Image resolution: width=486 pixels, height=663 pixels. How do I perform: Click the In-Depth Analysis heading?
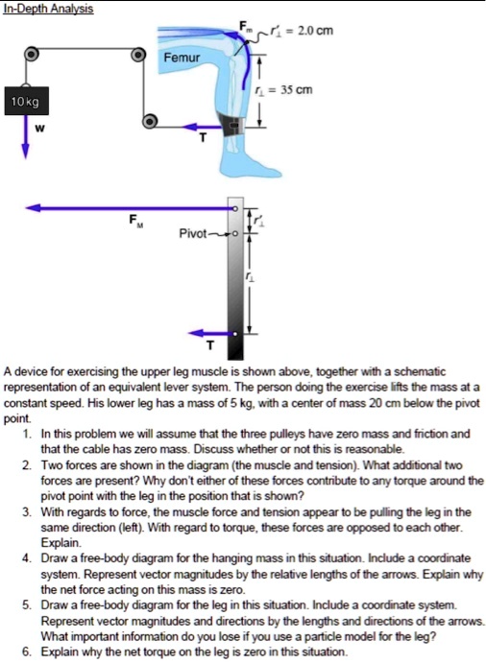tap(47, 8)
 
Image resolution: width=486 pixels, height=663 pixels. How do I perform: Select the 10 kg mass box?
tap(23, 101)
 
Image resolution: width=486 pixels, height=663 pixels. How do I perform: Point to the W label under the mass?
tap(38, 128)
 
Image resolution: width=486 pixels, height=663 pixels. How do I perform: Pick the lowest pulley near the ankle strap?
tap(150, 122)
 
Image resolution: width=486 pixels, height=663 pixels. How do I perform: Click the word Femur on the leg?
tap(180, 58)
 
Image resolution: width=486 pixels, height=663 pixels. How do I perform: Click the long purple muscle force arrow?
tap(125, 206)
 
